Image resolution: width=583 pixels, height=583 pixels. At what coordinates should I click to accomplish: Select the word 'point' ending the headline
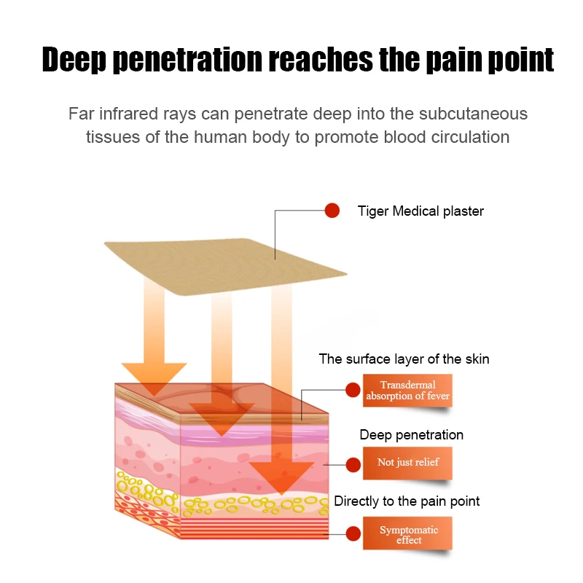[514, 60]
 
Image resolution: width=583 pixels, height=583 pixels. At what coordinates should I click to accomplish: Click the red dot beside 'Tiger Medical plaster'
[332, 211]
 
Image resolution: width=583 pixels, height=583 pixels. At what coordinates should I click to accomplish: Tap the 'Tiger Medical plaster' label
[420, 211]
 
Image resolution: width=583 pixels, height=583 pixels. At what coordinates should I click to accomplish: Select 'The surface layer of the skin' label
[404, 359]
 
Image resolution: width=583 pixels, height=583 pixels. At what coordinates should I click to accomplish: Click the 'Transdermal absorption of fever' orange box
[407, 391]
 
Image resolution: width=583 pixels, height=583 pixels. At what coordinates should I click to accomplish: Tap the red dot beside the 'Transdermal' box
[353, 391]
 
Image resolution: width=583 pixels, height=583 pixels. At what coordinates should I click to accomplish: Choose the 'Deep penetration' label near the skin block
[411, 435]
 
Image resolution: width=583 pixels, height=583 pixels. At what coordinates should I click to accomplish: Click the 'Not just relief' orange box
[407, 462]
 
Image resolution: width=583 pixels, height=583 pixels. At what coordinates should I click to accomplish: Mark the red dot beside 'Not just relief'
[353, 463]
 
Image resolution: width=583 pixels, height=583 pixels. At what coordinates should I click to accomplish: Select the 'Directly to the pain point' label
[407, 501]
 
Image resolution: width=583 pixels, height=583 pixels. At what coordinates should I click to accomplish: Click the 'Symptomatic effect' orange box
[408, 534]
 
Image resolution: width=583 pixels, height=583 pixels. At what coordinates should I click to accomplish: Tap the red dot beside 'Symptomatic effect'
[353, 533]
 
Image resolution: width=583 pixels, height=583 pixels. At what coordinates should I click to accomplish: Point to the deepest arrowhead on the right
[282, 477]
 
